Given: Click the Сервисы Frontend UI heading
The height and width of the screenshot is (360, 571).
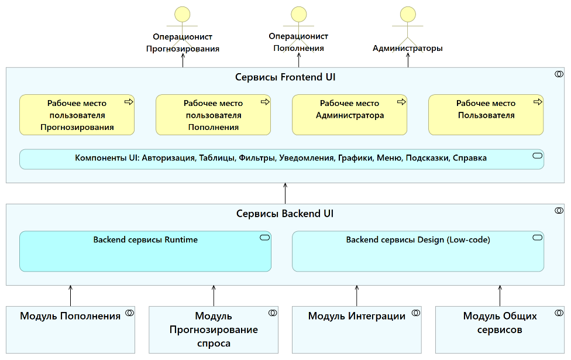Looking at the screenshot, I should click(285, 77).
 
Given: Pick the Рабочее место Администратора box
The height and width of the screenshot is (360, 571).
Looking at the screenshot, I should click(349, 115).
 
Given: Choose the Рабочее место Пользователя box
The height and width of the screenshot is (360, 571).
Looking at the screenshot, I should click(486, 115).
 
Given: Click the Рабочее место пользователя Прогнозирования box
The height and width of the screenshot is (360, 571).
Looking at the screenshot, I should click(77, 115).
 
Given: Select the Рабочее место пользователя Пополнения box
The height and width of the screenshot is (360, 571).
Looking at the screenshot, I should click(213, 115).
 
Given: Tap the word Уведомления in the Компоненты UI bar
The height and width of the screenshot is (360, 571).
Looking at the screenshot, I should click(306, 158).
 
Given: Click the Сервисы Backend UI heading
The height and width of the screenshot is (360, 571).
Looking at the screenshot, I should click(285, 214).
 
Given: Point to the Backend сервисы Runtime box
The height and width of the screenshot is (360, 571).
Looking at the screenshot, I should click(145, 252).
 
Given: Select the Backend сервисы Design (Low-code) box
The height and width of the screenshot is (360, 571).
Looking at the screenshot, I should click(418, 252).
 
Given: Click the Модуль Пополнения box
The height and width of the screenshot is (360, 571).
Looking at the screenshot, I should click(70, 329).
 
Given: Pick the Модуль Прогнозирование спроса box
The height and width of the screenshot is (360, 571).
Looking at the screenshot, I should click(214, 329).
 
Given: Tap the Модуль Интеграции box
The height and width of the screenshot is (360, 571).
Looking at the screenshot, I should click(356, 329).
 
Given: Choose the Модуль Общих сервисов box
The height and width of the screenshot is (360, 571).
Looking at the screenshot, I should click(500, 329).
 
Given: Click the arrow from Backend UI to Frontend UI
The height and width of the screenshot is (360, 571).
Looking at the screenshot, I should click(285, 194).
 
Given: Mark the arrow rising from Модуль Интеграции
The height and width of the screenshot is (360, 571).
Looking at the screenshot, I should click(357, 296).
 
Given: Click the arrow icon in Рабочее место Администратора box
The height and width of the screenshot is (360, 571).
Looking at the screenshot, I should click(401, 102).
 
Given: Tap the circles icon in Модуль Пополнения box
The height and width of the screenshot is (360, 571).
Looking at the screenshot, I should click(129, 313).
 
